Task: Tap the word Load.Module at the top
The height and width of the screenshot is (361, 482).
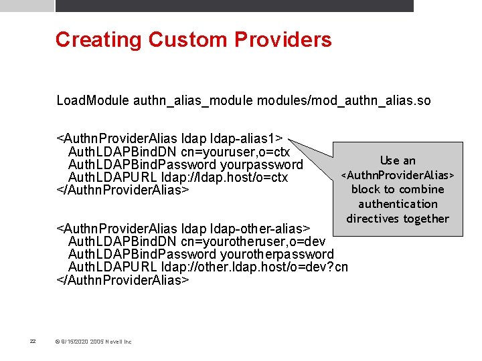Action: tap(92, 101)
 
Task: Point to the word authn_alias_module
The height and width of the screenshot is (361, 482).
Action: tap(193, 101)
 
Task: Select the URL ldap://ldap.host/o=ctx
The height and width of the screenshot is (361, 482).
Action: tap(225, 177)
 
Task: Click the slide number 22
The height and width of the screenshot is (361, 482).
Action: tap(33, 342)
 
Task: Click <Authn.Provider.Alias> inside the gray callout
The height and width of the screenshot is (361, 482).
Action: tap(398, 175)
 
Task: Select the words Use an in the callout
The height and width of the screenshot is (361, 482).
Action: tap(398, 160)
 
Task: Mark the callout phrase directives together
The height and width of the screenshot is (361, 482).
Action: tap(398, 219)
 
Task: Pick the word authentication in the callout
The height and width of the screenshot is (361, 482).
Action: tap(398, 204)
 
